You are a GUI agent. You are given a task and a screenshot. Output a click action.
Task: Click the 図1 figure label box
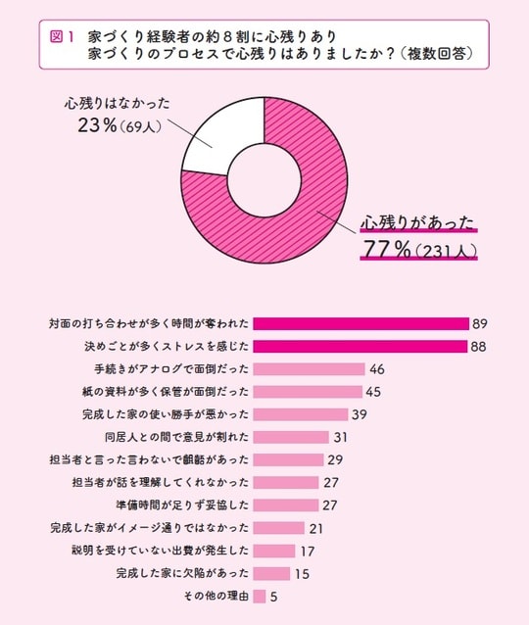click(62, 35)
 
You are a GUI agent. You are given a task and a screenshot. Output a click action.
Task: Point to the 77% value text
click(386, 250)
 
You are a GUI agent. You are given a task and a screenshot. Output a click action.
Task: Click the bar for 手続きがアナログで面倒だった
click(308, 369)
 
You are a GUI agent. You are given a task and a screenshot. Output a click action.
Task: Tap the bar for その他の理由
click(260, 596)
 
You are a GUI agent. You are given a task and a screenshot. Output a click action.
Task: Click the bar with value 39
click(300, 414)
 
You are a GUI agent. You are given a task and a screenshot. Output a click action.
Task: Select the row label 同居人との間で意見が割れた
click(176, 437)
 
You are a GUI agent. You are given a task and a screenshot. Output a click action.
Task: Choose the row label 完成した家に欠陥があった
click(182, 573)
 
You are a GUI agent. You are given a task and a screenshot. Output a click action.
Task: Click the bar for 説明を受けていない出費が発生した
click(273, 551)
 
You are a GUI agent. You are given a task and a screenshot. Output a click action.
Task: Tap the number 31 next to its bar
click(341, 437)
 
